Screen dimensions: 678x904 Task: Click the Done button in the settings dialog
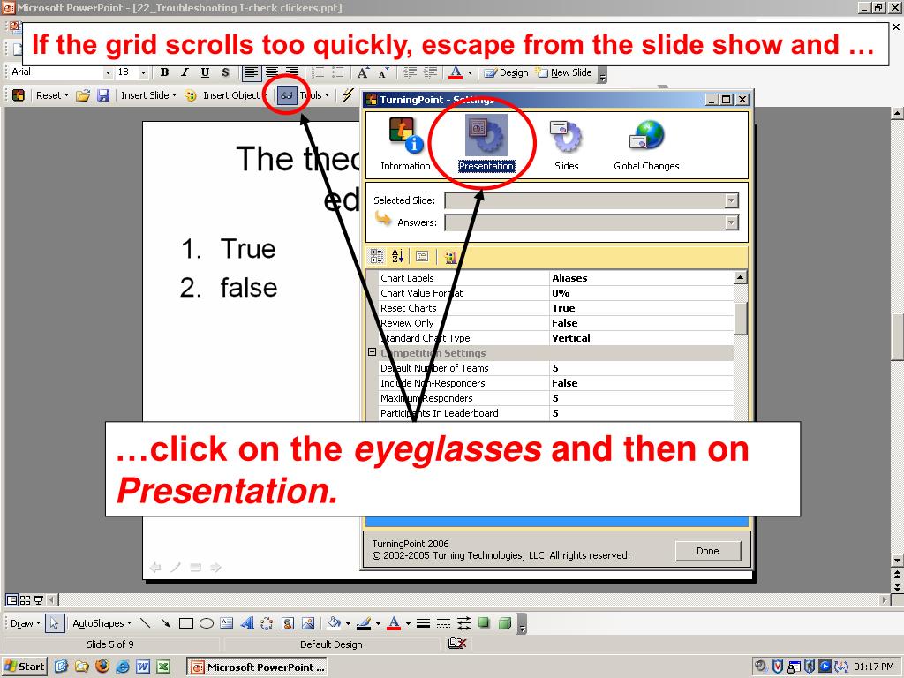coord(707,551)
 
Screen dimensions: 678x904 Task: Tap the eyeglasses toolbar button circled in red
coord(287,95)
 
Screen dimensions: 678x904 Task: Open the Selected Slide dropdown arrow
coord(731,200)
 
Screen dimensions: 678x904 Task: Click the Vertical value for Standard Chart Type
coord(571,338)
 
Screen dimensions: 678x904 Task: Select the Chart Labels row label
coord(407,278)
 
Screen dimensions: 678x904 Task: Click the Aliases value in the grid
coord(569,278)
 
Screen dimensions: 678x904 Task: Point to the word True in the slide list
coord(248,249)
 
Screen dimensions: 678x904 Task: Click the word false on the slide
coord(249,288)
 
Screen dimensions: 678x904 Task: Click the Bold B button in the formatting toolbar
coord(164,72)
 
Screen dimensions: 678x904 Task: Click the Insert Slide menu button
coord(147,95)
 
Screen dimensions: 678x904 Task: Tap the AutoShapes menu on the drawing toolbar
coord(101,623)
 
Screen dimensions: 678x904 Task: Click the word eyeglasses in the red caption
coord(448,449)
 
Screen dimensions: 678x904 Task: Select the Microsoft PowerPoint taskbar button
coord(258,667)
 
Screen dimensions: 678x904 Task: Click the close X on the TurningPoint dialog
coord(742,100)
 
